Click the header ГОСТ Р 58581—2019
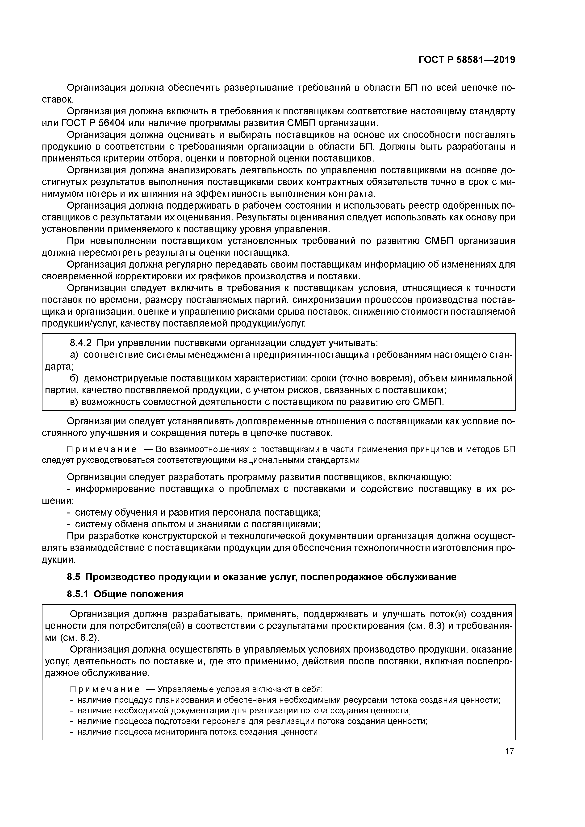point(467,60)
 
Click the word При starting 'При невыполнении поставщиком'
point(76,241)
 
